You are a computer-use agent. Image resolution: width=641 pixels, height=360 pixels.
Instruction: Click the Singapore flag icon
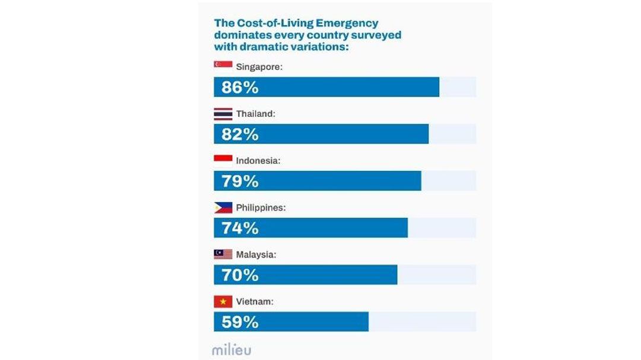223,65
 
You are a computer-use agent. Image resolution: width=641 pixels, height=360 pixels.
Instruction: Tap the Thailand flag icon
223,113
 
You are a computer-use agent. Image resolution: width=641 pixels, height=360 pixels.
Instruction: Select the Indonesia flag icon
223,160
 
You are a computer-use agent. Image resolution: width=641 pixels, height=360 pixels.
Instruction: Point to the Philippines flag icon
223,208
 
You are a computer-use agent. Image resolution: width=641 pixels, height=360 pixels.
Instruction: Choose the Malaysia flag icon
223,254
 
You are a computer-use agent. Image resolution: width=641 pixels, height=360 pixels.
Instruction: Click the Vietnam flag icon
223,302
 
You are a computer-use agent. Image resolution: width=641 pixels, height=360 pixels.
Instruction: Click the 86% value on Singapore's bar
240,87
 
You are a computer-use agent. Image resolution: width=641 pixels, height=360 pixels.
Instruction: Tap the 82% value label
240,134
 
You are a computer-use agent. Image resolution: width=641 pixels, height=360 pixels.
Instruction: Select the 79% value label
240,181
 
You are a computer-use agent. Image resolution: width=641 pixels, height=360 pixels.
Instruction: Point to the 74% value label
240,228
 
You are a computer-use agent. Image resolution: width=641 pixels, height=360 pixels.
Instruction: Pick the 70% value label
240,275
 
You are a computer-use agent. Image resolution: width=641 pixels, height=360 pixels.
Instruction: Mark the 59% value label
240,322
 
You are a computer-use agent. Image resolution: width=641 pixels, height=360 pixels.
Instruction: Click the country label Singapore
259,67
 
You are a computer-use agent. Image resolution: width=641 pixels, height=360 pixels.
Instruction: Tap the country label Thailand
256,113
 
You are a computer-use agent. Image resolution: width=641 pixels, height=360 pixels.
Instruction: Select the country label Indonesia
258,161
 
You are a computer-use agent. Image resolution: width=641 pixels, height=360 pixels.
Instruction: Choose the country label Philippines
261,208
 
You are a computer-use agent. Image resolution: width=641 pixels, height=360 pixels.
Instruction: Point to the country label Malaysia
256,255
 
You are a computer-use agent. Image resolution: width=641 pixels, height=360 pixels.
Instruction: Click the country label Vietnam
255,302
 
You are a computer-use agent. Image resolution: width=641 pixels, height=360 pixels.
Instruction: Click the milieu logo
231,349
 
